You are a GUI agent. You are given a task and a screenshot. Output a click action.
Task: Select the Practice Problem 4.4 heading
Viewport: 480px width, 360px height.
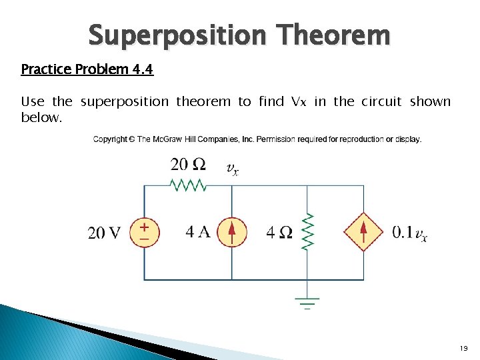pos(87,69)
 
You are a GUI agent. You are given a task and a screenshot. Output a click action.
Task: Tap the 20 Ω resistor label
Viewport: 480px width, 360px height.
pos(188,164)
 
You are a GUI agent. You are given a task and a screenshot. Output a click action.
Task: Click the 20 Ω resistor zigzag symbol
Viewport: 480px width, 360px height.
pos(189,185)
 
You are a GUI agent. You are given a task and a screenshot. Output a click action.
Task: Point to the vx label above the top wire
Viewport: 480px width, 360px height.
pos(233,169)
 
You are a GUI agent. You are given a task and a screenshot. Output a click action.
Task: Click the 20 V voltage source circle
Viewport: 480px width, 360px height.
pos(145,232)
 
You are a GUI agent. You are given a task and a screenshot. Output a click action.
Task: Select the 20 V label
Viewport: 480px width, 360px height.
pos(105,233)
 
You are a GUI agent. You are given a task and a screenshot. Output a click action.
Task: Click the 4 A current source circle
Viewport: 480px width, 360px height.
pos(231,232)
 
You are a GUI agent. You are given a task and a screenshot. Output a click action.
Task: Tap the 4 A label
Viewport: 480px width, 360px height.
pos(198,233)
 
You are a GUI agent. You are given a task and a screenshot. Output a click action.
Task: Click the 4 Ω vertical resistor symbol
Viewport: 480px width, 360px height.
pos(307,232)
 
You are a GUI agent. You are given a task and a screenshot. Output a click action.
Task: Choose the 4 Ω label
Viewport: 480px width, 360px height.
pos(279,233)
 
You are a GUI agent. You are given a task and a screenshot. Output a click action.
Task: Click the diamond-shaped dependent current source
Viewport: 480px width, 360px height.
pos(363,232)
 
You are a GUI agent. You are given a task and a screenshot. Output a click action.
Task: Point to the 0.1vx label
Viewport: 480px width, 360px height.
pos(409,233)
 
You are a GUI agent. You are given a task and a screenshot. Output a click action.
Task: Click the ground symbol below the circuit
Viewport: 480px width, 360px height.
pos(307,304)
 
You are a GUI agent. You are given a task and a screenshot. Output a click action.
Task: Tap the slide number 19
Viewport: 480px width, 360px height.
pos(463,348)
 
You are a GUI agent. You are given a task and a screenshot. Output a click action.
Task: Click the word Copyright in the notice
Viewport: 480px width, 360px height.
pos(110,139)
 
